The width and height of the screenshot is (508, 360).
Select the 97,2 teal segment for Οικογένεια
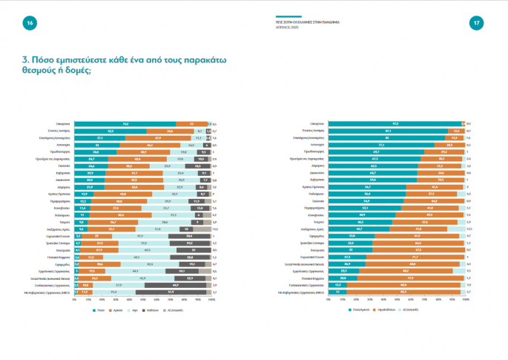tap(396, 124)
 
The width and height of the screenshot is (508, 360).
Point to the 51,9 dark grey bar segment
tap(171, 292)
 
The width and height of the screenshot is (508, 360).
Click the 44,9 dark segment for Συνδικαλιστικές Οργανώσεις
tap(175, 285)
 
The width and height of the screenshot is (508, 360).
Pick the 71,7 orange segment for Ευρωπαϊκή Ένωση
tap(415, 257)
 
